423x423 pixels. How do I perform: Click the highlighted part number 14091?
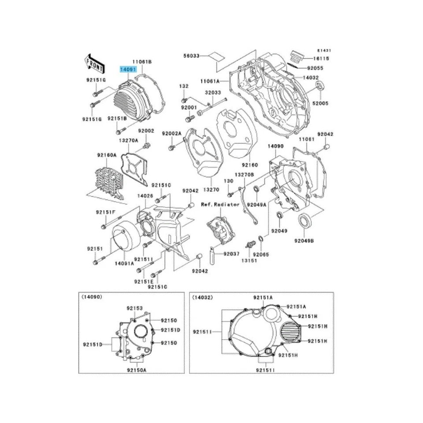[130, 69]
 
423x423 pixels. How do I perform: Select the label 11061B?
[142, 62]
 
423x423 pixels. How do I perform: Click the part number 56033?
[192, 56]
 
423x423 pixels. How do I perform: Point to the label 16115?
[321, 58]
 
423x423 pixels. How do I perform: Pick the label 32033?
[211, 93]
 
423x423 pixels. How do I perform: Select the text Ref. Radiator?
[220, 204]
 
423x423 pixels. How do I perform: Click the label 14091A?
[124, 263]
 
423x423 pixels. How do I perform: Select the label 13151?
[249, 261]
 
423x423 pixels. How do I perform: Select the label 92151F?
[106, 212]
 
